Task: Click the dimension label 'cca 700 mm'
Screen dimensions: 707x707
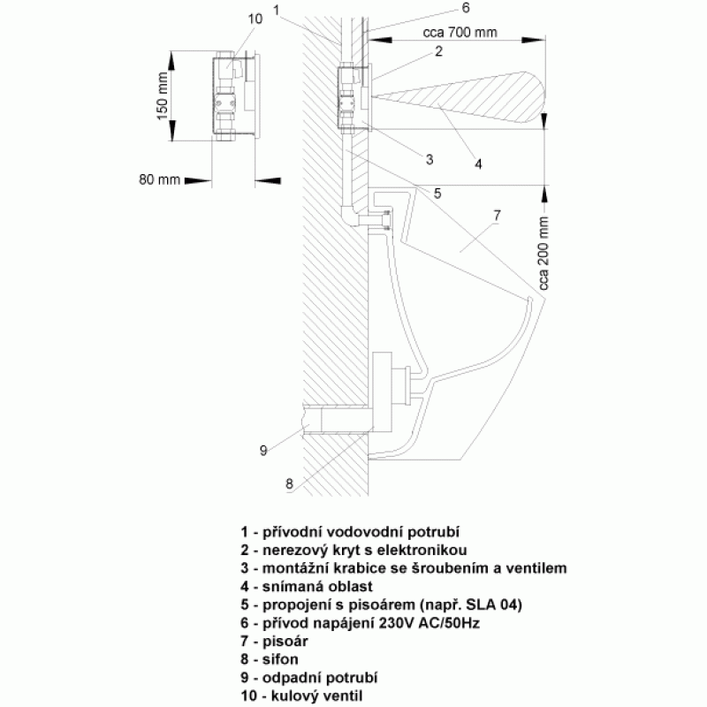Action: [x=460, y=33]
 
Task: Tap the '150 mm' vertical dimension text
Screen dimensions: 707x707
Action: [x=162, y=96]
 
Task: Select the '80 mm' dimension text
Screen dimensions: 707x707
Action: [x=160, y=180]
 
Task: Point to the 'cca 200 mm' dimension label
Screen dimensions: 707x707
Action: [x=544, y=254]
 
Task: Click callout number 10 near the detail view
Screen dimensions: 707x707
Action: [x=255, y=19]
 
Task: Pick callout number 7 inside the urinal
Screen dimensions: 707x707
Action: [x=497, y=216]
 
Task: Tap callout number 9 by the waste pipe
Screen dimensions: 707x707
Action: [x=263, y=450]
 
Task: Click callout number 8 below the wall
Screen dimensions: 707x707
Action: [x=289, y=483]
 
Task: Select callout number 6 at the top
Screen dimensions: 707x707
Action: [x=466, y=8]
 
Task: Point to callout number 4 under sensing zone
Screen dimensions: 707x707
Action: [x=478, y=164]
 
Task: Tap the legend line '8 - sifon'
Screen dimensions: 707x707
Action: [x=270, y=659]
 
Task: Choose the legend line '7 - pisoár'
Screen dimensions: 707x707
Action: [x=274, y=642]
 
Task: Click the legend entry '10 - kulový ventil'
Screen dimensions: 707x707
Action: [x=301, y=696]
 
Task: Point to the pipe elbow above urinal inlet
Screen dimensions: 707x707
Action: [x=348, y=214]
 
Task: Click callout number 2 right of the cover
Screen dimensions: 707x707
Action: [x=438, y=51]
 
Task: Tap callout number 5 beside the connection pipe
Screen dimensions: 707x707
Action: [x=437, y=194]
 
